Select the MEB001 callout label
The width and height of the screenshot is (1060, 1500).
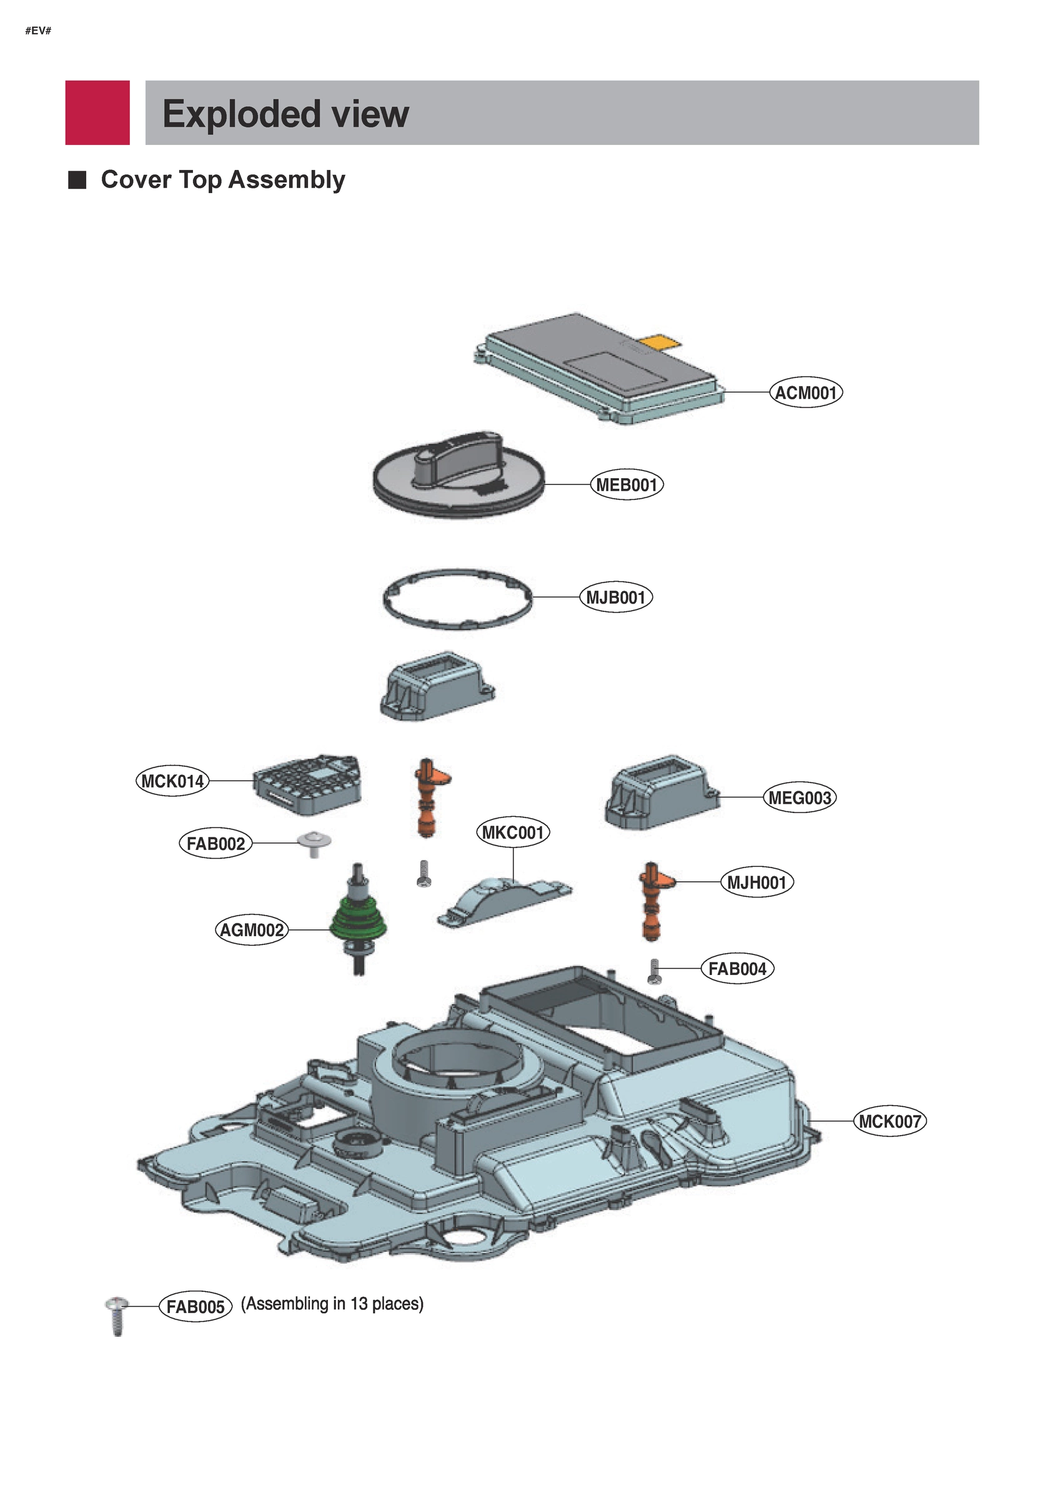tap(626, 485)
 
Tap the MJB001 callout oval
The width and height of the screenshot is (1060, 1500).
tap(615, 597)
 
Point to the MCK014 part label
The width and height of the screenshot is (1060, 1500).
tap(172, 781)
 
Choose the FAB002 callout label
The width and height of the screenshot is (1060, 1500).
tap(215, 843)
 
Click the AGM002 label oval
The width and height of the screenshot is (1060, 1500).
tap(252, 929)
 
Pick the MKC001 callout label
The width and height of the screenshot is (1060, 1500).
tap(513, 832)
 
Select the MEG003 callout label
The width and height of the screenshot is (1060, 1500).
tap(800, 797)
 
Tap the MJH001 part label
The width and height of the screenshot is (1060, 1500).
tap(756, 882)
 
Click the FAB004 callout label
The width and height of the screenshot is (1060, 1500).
tap(736, 968)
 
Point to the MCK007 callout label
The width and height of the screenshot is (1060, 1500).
tap(889, 1122)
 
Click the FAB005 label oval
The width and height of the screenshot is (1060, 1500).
tap(196, 1307)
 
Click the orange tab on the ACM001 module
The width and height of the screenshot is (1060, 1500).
tap(660, 341)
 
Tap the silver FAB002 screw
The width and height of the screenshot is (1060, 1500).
tap(314, 842)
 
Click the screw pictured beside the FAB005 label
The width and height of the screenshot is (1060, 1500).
tap(117, 1314)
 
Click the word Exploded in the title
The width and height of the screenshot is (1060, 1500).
tap(241, 114)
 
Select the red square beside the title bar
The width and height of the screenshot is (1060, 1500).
tap(97, 112)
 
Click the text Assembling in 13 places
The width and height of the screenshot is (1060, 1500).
tap(332, 1304)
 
